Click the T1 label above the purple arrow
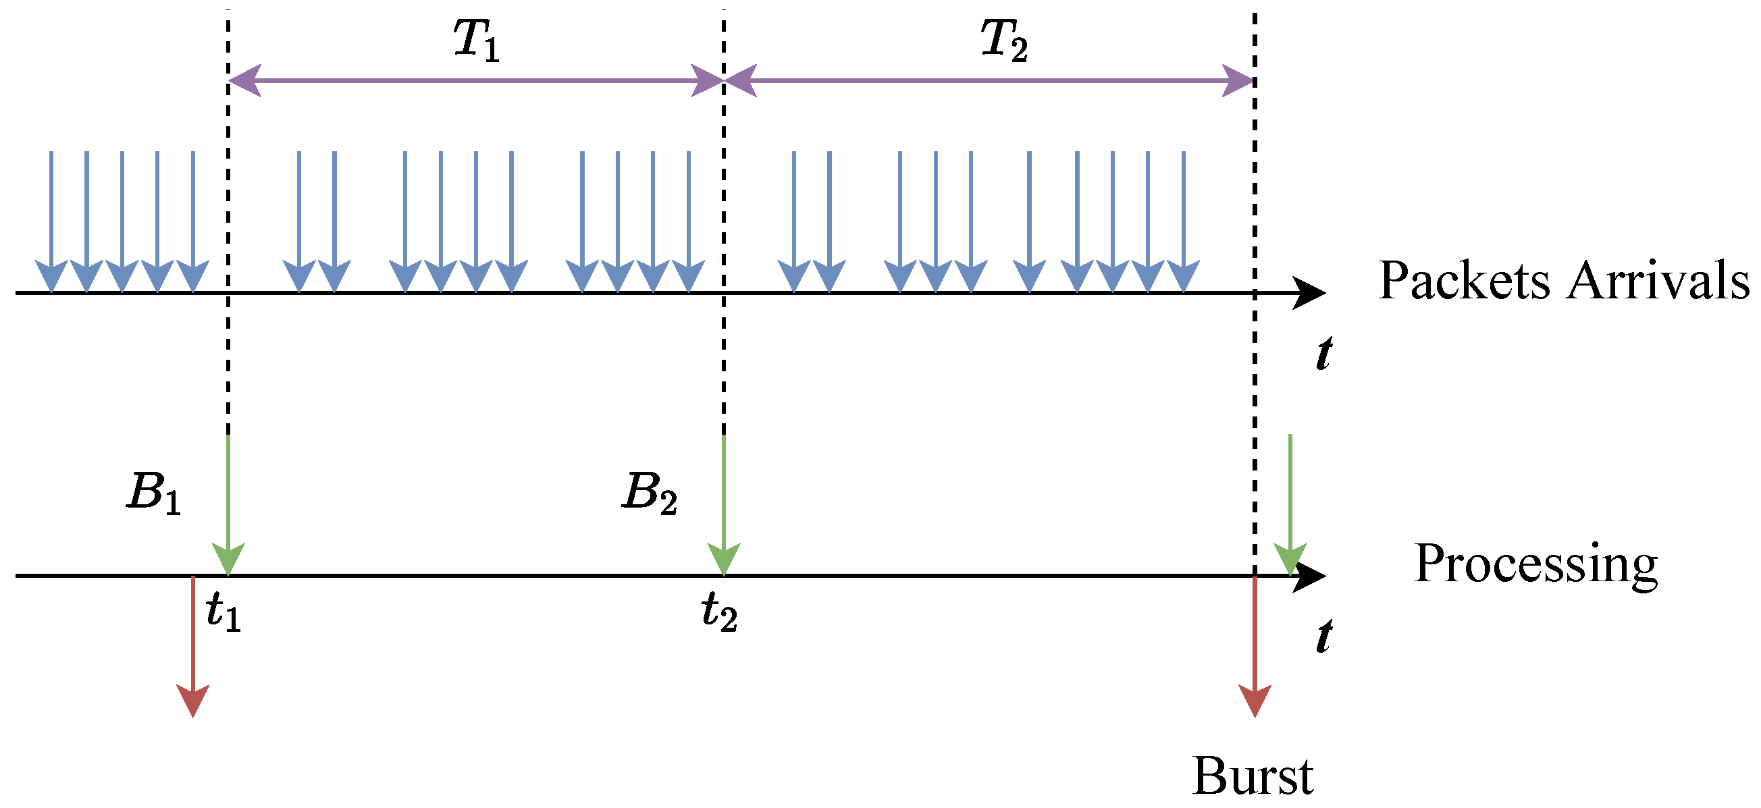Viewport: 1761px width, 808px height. pos(477,40)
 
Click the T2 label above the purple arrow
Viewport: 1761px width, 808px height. pos(1003,40)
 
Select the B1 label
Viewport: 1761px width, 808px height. pos(154,493)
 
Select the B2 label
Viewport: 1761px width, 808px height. pos(650,493)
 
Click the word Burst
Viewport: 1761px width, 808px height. pos(1253,776)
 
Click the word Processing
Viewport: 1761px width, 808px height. pos(1536,564)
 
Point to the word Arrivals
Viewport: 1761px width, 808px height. pos(1658,280)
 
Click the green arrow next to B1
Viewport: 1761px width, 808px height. pos(228,504)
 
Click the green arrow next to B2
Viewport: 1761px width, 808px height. pos(723,504)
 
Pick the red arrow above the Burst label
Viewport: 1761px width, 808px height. pos(1255,647)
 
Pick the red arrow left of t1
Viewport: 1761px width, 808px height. pos(193,647)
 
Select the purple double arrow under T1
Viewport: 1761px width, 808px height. pos(476,80)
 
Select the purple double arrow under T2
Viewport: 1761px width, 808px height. pos(989,80)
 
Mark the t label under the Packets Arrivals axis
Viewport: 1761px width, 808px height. pos(1324,353)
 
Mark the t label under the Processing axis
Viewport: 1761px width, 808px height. pos(1324,636)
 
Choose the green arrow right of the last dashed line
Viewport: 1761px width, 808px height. pos(1290,504)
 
